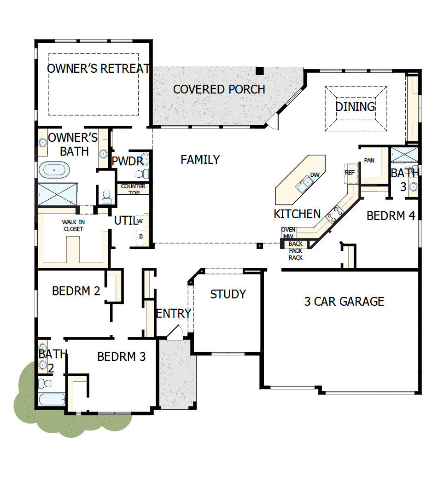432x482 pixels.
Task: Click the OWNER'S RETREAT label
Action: click(x=98, y=69)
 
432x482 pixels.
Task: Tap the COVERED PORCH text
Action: click(x=219, y=89)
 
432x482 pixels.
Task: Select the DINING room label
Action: click(x=355, y=107)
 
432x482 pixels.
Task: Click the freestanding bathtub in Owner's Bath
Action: click(x=54, y=170)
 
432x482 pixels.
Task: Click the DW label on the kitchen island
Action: click(x=315, y=175)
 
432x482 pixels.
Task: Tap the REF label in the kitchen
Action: click(x=349, y=172)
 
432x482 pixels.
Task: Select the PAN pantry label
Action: click(x=369, y=161)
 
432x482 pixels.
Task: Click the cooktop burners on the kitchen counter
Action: click(x=335, y=213)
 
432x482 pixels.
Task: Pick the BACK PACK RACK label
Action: click(x=296, y=250)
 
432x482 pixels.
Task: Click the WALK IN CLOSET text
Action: click(x=74, y=225)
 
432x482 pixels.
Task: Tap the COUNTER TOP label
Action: click(x=133, y=189)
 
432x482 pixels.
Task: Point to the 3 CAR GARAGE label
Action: click(x=344, y=302)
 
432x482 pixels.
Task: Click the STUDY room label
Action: click(x=228, y=294)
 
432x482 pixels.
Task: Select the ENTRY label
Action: click(x=173, y=314)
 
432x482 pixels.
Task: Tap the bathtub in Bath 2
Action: click(x=50, y=399)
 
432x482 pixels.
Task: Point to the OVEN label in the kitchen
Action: click(x=288, y=230)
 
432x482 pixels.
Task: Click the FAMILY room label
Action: click(x=200, y=160)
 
